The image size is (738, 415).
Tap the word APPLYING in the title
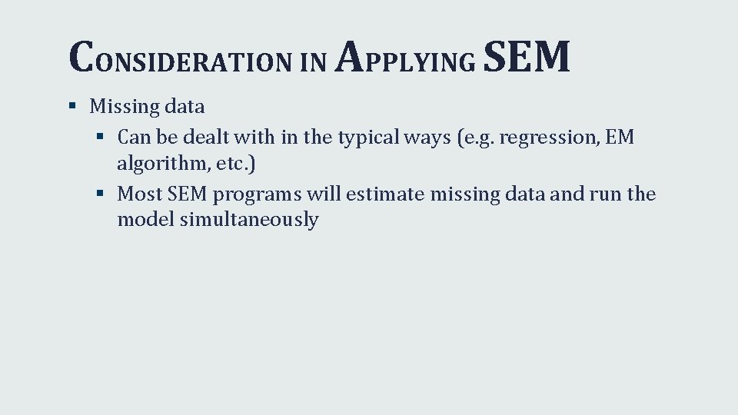pyautogui.click(x=406, y=58)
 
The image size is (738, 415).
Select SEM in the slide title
pyautogui.click(x=527, y=57)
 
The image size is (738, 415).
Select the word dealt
pyautogui.click(x=211, y=138)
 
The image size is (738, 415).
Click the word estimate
pyautogui.click(x=385, y=194)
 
